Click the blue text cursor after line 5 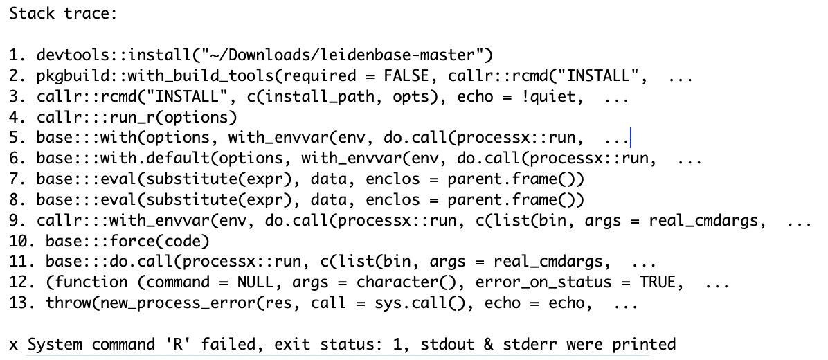pyautogui.click(x=630, y=138)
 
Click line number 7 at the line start pyautogui.click(x=15, y=179)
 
